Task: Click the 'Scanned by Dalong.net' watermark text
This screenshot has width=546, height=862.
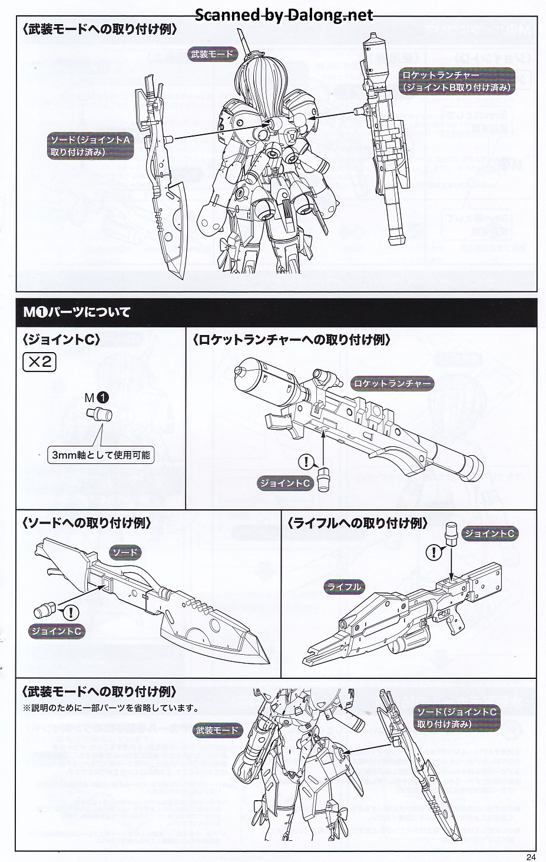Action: point(283,15)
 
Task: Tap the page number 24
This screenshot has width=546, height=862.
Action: point(531,857)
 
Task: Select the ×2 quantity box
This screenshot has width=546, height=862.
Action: point(39,362)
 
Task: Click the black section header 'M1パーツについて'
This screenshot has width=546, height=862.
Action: point(77,312)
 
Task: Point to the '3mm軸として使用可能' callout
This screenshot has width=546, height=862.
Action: point(101,455)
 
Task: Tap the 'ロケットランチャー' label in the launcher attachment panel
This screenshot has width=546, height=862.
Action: point(392,384)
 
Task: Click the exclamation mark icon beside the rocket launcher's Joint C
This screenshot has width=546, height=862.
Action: point(306,462)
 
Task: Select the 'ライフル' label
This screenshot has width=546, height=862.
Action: point(344,586)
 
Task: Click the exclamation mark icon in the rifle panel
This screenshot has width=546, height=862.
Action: point(434,552)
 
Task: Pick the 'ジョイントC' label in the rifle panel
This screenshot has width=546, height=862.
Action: point(489,533)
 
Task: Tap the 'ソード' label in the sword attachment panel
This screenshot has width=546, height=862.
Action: point(125,552)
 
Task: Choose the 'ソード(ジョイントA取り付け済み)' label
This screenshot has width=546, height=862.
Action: point(90,146)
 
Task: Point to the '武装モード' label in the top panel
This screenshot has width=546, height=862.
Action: point(212,55)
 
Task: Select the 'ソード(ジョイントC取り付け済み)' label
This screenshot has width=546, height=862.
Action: point(456,718)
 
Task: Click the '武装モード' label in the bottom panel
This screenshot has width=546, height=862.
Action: point(218,730)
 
